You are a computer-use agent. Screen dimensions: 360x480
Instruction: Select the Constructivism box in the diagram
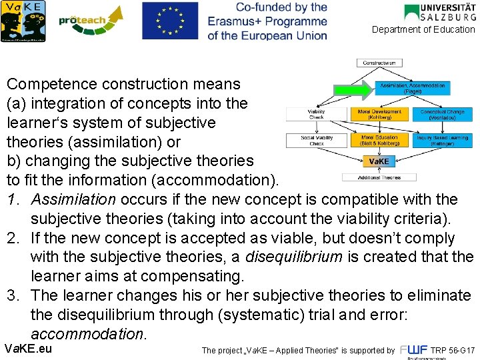pos(379,63)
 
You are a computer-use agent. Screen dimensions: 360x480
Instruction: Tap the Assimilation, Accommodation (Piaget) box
pos(413,87)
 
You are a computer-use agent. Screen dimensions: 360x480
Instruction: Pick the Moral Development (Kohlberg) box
pos(379,114)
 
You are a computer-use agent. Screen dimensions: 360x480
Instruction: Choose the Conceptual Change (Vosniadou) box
pos(442,114)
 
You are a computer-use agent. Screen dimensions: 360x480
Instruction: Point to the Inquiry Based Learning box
pos(442,141)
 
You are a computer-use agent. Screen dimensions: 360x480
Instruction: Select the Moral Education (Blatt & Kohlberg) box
pos(379,141)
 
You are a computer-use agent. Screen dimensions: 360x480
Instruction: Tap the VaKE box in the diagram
pos(379,161)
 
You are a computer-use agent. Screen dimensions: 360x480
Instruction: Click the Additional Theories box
pos(379,177)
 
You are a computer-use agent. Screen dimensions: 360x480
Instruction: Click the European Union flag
pos(170,21)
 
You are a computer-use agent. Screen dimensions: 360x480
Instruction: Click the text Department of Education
pos(423,30)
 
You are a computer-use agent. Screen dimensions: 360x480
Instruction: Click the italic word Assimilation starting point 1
pos(73,199)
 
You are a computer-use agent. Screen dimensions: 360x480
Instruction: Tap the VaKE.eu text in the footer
pos(28,349)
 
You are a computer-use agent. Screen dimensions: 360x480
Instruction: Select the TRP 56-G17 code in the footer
pos(453,350)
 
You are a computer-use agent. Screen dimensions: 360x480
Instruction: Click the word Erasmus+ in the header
pos(237,21)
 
